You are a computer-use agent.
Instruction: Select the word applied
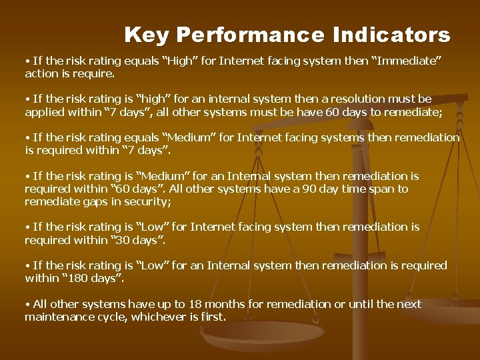coord(45,112)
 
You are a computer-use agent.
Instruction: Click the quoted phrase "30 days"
coord(135,239)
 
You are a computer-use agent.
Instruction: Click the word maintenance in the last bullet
coord(57,317)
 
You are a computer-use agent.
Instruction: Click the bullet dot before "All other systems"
coord(27,305)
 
